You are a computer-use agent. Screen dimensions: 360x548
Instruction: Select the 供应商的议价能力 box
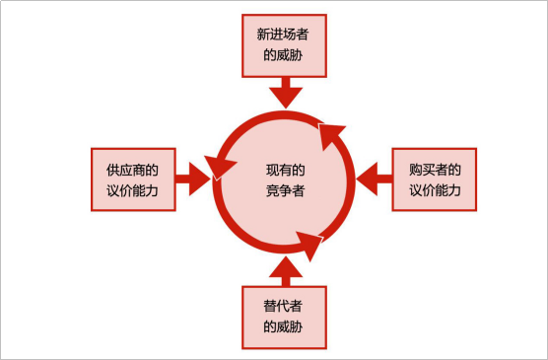(x=132, y=180)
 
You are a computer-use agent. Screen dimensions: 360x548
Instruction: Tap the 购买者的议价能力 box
(x=435, y=180)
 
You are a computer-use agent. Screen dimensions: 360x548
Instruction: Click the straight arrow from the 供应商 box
(x=193, y=179)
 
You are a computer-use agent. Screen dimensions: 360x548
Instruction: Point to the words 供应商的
(x=132, y=169)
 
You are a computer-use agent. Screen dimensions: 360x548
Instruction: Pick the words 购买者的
(x=435, y=169)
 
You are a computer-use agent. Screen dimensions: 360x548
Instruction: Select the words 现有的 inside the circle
(x=286, y=169)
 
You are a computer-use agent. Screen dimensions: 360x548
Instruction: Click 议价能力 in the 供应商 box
(x=132, y=190)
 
